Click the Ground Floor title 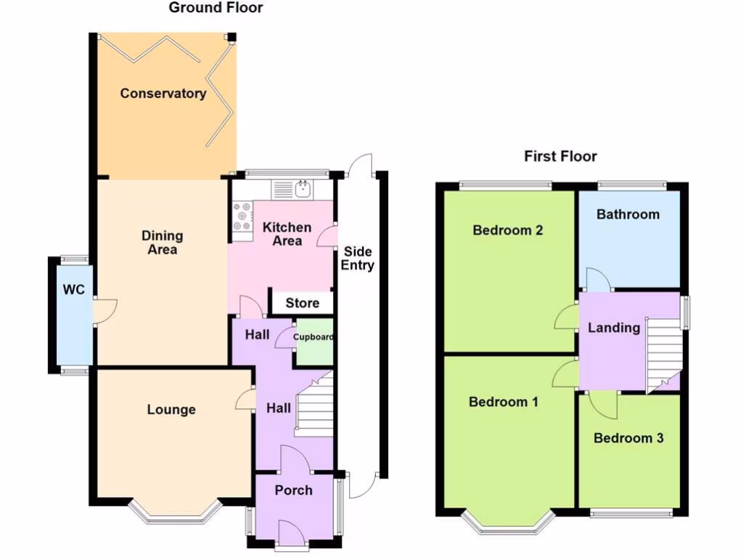point(215,7)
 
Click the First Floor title point(560,157)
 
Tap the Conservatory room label point(163,94)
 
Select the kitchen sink point(303,189)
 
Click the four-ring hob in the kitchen point(242,216)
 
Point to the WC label point(74,289)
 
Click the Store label point(303,303)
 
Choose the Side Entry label point(358,258)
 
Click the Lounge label point(171,410)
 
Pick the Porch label point(293,490)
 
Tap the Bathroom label point(628,215)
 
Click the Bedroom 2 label point(507,230)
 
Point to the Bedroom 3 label point(628,438)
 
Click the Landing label point(614,328)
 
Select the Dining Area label point(162,242)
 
